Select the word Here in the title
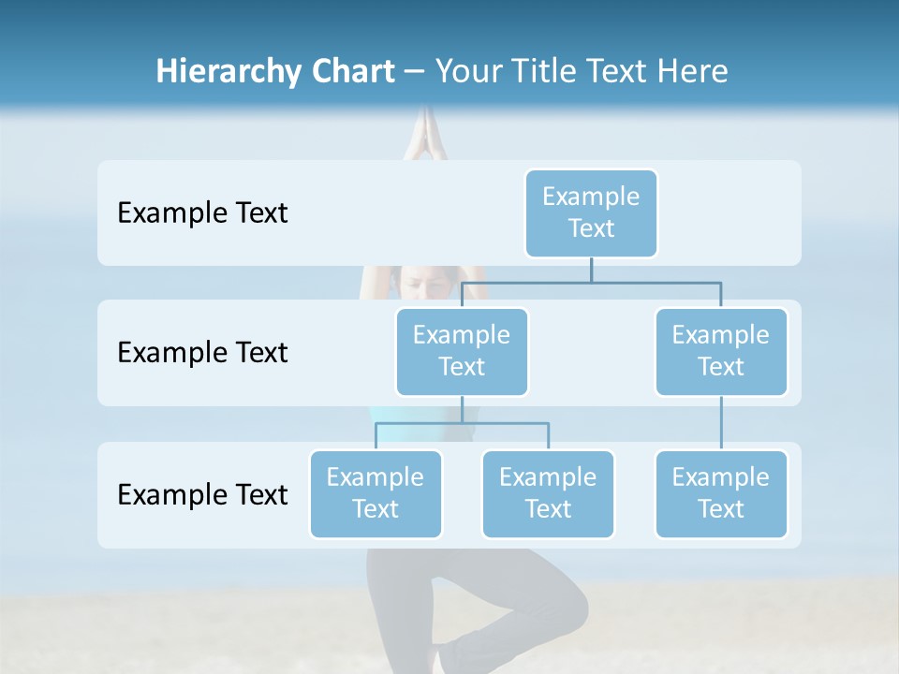693,71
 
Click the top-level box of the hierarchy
591,212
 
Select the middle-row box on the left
462,351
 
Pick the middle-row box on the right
721,351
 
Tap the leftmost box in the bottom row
376,493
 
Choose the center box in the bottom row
548,493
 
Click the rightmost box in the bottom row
721,493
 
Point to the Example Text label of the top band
202,212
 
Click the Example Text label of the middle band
202,352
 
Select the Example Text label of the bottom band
202,494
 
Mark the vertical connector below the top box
591,270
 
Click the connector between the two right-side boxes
721,423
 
